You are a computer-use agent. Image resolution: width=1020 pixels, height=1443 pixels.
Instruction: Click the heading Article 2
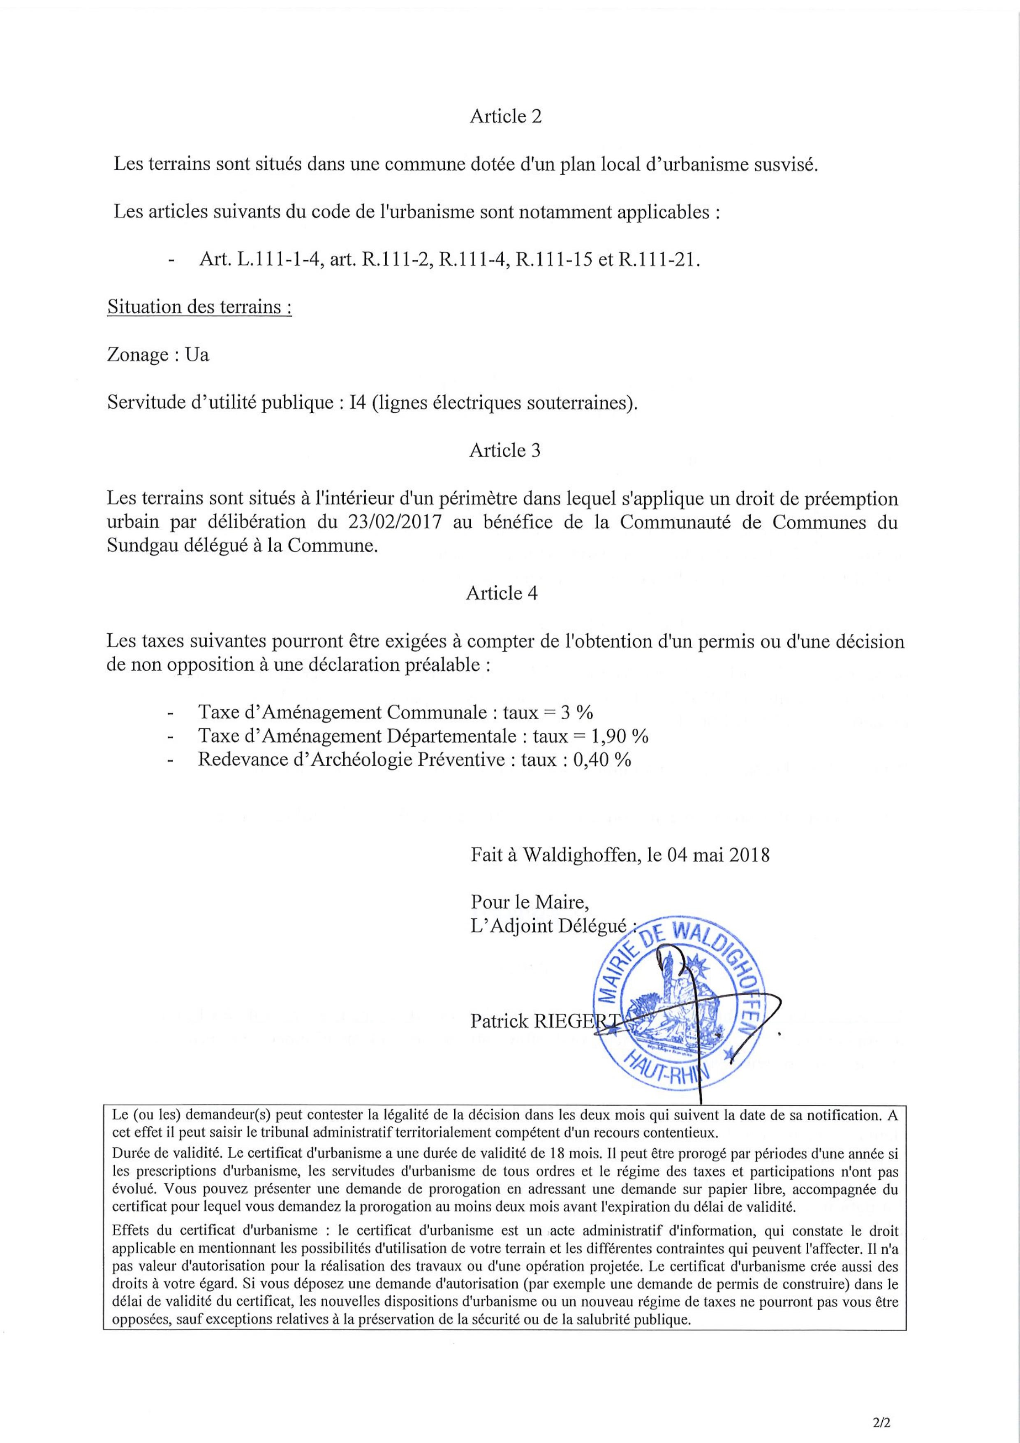(505, 116)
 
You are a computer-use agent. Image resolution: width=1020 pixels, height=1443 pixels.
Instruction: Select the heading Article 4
(502, 593)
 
